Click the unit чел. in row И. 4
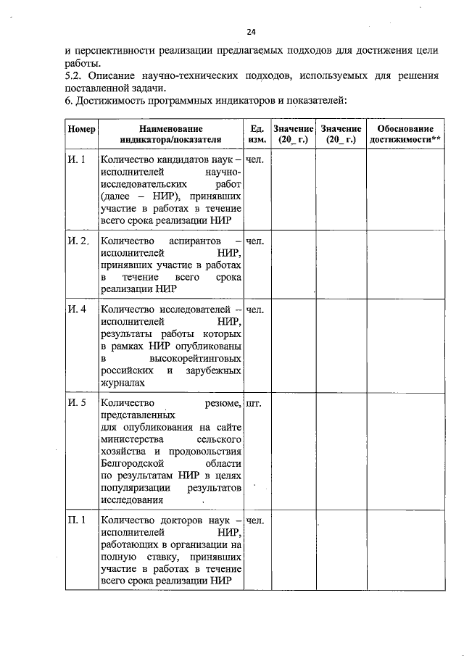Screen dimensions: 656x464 pyautogui.click(x=255, y=310)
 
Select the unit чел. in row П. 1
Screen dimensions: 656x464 pyautogui.click(x=255, y=520)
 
